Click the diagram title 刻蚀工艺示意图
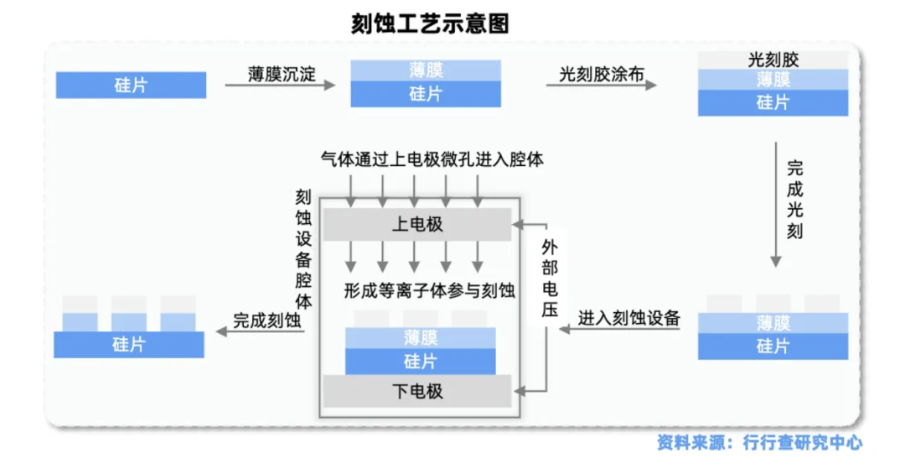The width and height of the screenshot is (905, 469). coord(430,23)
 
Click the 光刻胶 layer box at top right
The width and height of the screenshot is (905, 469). coord(773,60)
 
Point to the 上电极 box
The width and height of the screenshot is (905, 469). coord(417,225)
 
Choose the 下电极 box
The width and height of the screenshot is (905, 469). coord(417,391)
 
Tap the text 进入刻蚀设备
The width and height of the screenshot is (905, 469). coord(628,319)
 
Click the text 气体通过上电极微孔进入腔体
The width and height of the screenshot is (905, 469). coord(432,159)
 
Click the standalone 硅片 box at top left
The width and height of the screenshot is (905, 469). coord(131,85)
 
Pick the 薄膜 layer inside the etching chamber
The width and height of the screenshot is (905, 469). coord(420,337)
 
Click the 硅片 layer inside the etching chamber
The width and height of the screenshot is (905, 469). coord(420,362)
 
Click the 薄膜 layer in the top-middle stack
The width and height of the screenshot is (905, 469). coord(426,70)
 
